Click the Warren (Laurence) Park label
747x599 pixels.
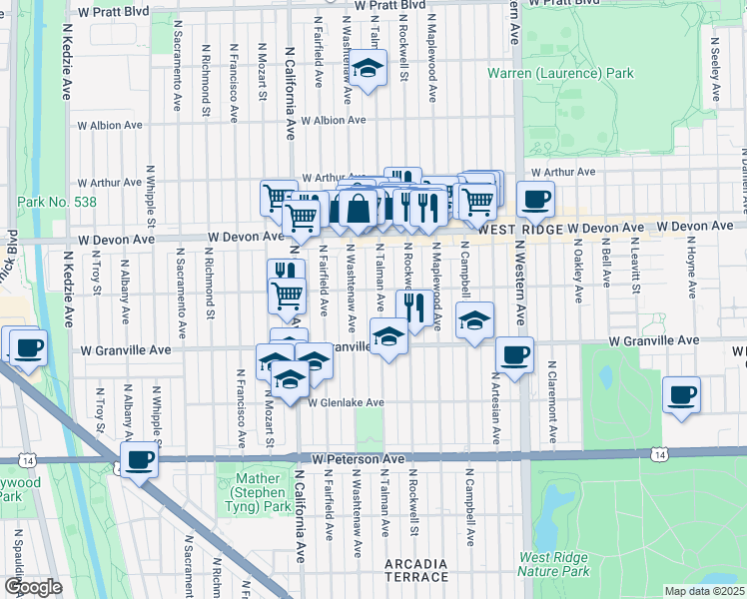coord(560,74)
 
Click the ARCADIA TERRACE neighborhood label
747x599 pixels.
coord(416,571)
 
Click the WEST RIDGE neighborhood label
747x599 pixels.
coord(528,229)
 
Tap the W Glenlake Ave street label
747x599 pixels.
coord(346,403)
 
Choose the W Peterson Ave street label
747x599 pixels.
coord(357,458)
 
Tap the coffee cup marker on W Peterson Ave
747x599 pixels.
coord(141,460)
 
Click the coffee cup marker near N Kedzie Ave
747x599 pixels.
coord(27,347)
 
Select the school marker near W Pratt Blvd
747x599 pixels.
coord(368,69)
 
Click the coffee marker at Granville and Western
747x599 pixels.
coord(514,354)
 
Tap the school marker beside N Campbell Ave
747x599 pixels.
coord(475,319)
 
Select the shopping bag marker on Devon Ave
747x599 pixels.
coord(357,208)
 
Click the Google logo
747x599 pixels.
coord(33,587)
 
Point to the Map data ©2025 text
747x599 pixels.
coord(705,591)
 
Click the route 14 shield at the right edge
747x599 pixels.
coord(659,454)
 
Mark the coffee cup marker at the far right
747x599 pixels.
coord(681,394)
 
